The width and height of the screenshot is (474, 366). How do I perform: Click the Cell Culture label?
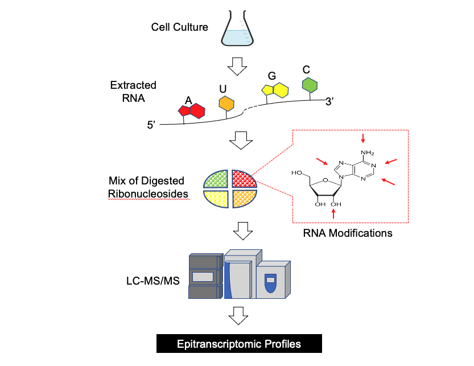(x=179, y=27)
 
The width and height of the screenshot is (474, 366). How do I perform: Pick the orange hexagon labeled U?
(x=226, y=103)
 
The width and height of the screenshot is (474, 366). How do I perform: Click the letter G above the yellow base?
(x=272, y=76)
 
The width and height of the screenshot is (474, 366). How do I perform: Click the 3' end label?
(x=332, y=102)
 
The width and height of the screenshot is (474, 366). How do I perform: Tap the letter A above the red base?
(x=188, y=100)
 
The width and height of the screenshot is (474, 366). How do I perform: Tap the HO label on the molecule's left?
(x=296, y=172)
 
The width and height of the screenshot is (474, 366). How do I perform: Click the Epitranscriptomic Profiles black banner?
(x=238, y=344)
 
